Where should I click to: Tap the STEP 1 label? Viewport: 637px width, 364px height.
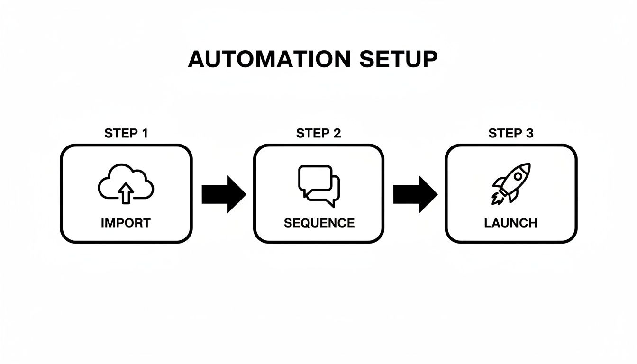click(x=126, y=134)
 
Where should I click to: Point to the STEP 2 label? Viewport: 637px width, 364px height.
click(x=318, y=134)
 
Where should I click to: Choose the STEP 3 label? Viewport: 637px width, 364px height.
click(x=511, y=134)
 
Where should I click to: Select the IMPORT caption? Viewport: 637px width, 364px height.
click(x=126, y=223)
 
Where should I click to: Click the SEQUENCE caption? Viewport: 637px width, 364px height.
click(x=319, y=223)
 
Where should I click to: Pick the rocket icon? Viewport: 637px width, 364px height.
click(x=511, y=184)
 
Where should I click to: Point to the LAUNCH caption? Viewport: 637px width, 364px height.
click(x=511, y=223)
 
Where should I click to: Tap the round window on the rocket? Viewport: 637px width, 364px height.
click(x=518, y=176)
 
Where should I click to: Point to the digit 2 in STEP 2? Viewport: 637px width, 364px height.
click(x=337, y=134)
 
